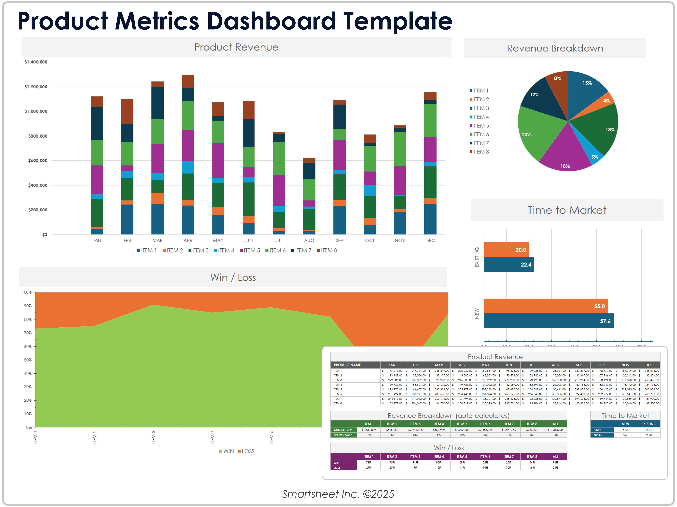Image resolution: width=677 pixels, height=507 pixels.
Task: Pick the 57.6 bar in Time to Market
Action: [x=548, y=321]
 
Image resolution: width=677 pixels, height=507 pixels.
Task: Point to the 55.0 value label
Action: [x=599, y=306]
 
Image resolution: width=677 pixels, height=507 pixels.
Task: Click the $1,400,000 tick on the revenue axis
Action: [x=36, y=62]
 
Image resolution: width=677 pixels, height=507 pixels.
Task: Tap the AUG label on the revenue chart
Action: [x=309, y=240]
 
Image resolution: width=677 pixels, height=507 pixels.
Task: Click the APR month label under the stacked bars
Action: [x=188, y=240]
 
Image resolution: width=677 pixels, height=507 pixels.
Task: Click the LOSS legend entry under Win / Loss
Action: [x=248, y=451]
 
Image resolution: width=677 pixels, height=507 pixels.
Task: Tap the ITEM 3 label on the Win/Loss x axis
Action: [x=153, y=437]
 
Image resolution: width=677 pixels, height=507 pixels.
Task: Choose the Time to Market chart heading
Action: [x=567, y=210]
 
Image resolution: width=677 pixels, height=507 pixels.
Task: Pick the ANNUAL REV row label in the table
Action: [x=343, y=430]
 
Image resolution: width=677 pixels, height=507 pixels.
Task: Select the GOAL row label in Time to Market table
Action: [x=598, y=435]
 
